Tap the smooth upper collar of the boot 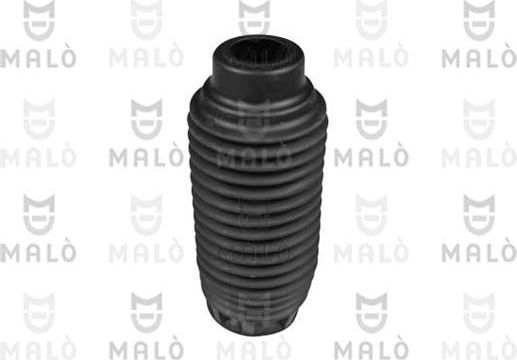257,76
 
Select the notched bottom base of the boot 259,323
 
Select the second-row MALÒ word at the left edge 37,157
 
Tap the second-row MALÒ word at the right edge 479,157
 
